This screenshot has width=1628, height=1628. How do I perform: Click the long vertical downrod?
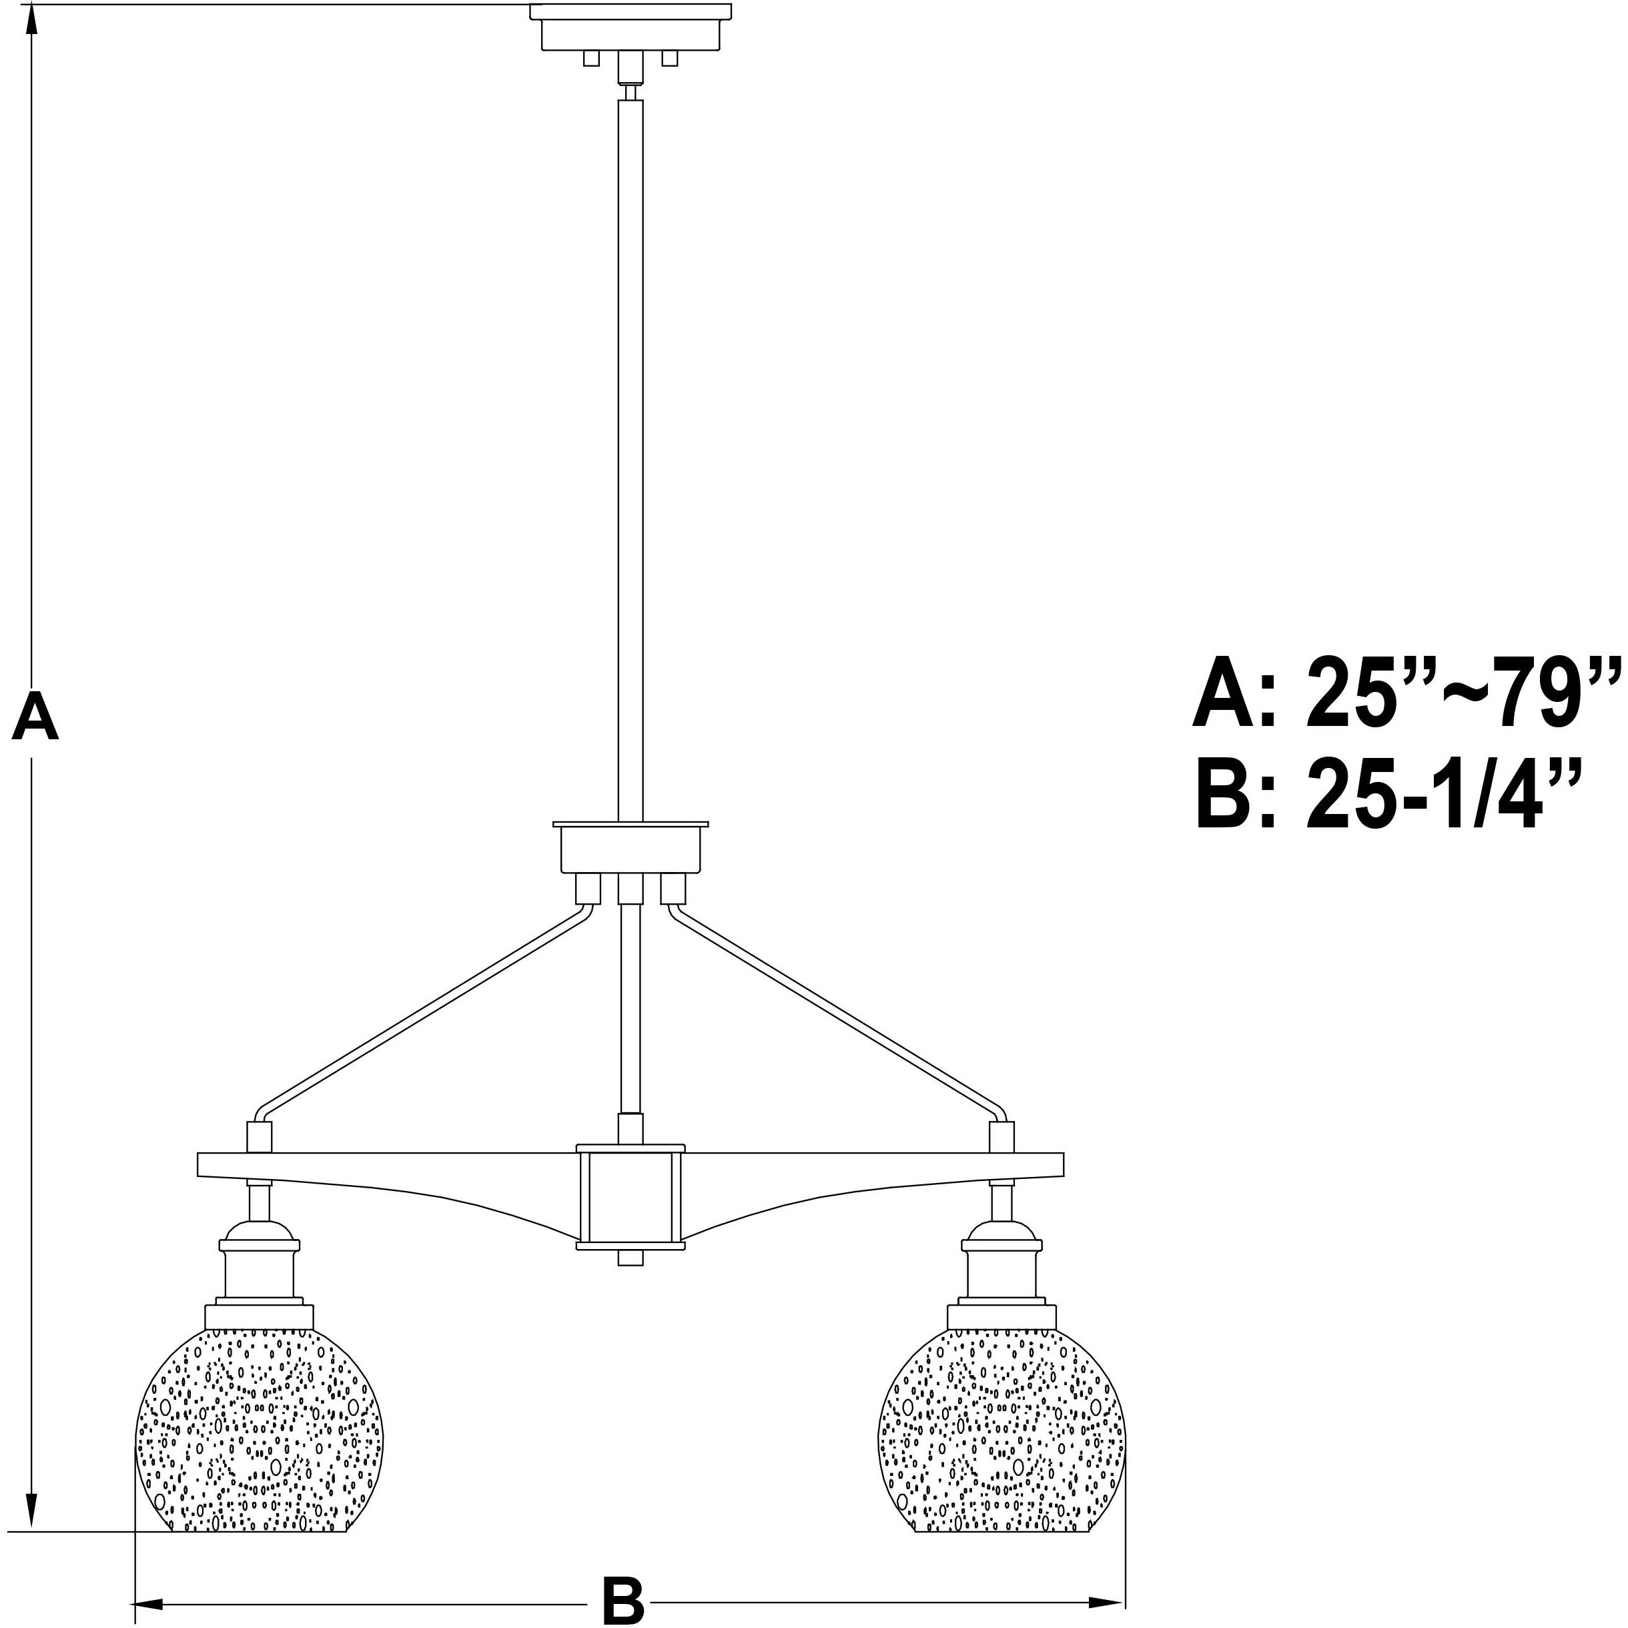[631, 455]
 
